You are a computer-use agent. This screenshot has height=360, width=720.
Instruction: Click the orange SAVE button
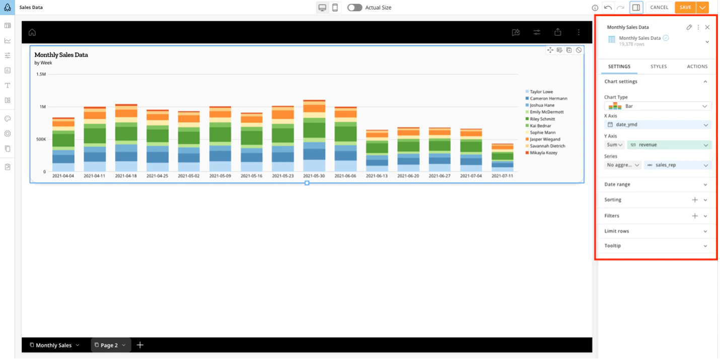pyautogui.click(x=685, y=8)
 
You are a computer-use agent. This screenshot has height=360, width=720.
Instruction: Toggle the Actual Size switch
pyautogui.click(x=354, y=8)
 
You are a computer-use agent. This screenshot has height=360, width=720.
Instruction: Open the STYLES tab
pyautogui.click(x=658, y=66)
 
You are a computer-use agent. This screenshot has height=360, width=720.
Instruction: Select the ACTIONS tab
pyautogui.click(x=697, y=66)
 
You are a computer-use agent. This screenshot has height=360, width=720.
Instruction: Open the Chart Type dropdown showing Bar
pyautogui.click(x=658, y=106)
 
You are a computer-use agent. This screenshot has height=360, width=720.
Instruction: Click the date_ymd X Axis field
pyautogui.click(x=658, y=125)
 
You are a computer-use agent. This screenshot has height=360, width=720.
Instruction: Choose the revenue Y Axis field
pyautogui.click(x=669, y=145)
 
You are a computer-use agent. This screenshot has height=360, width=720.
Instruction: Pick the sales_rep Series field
pyautogui.click(x=677, y=165)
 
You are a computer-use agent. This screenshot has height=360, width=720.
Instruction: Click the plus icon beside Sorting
pyautogui.click(x=695, y=200)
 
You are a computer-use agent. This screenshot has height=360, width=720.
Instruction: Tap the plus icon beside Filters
pyautogui.click(x=695, y=216)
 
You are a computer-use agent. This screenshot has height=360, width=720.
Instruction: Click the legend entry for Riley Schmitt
pyautogui.click(x=542, y=119)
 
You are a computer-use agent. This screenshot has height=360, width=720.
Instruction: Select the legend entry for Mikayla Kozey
pyautogui.click(x=543, y=153)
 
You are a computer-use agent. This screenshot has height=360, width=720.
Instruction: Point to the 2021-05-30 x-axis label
pyautogui.click(x=314, y=176)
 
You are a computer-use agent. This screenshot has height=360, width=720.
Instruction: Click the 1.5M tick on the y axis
pyautogui.click(x=41, y=75)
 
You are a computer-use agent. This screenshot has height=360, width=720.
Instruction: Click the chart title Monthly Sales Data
pyautogui.click(x=61, y=55)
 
